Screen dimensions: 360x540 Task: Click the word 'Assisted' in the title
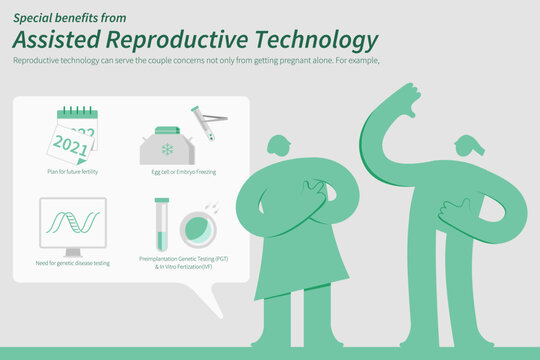60,40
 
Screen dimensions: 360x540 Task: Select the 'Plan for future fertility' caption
72,172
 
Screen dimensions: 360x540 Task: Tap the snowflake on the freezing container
167,149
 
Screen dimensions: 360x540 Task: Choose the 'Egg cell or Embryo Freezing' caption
185,172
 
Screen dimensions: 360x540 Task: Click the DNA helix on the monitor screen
73,220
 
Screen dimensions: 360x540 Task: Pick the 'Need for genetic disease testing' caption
73,262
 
